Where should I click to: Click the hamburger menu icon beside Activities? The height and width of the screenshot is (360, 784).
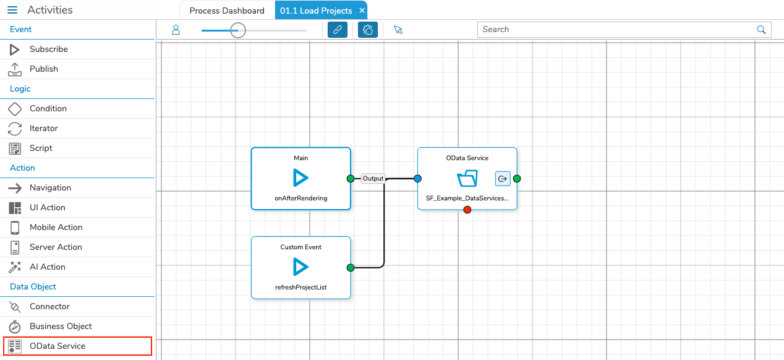tap(12, 10)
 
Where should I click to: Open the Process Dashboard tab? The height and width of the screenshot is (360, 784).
tap(227, 11)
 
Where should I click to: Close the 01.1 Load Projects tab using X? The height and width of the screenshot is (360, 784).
tap(362, 11)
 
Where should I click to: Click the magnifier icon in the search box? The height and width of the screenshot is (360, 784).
tap(761, 30)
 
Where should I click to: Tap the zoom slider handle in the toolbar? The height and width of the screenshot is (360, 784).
tap(238, 30)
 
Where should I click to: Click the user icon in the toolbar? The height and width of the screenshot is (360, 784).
tap(176, 30)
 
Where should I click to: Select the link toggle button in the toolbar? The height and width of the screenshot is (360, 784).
tap(338, 30)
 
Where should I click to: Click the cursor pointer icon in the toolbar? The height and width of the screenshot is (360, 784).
tap(398, 30)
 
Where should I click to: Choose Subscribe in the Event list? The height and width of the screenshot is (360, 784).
tap(48, 49)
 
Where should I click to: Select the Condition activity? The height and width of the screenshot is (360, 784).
tap(48, 109)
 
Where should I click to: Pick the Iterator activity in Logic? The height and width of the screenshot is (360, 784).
tap(43, 129)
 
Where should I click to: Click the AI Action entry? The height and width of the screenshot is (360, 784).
tap(47, 267)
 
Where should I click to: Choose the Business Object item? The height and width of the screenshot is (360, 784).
tap(61, 327)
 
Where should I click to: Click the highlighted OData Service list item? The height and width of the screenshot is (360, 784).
tap(77, 346)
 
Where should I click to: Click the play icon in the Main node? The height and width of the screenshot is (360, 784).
tap(300, 178)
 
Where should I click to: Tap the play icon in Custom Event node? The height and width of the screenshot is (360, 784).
tap(300, 267)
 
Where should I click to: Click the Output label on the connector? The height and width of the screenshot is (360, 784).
tap(373, 178)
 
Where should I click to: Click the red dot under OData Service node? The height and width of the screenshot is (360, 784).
tap(467, 210)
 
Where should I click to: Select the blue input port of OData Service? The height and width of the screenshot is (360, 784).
tap(417, 179)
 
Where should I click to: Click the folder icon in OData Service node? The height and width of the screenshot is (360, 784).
tap(467, 179)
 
